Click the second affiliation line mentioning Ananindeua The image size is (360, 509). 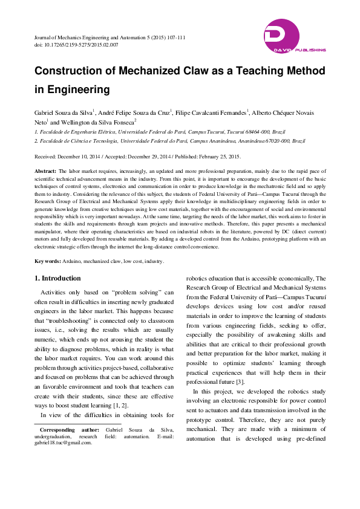169,140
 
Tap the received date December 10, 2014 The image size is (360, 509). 80,156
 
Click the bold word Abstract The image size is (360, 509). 47,172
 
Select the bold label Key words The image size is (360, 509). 48,261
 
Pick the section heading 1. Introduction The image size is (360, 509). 57,278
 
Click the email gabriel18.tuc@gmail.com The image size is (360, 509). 63,443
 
